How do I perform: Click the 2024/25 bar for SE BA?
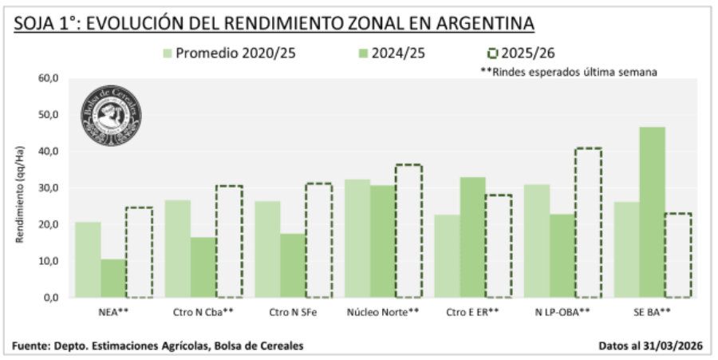(652, 212)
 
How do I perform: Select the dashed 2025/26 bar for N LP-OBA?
(588, 223)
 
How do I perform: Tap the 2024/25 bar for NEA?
(113, 278)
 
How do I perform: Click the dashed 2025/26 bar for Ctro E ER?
(499, 246)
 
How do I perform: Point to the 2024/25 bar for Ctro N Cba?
(203, 267)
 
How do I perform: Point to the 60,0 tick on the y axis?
(49, 78)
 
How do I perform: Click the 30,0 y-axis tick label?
(49, 188)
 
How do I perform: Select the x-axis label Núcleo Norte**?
(382, 312)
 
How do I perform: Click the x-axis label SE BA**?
(652, 312)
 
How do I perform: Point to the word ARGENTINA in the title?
(485, 22)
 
